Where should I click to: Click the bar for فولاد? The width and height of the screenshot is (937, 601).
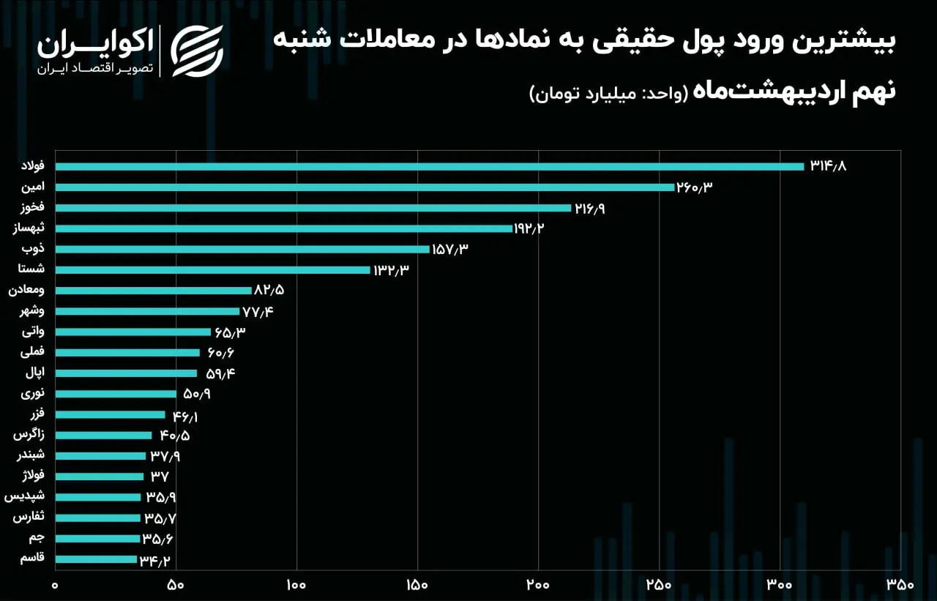pyautogui.click(x=430, y=166)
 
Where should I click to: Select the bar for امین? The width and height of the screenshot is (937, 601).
pyautogui.click(x=365, y=187)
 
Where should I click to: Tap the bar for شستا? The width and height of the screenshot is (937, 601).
pyautogui.click(x=212, y=270)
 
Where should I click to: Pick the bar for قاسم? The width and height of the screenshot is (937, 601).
pyautogui.click(x=96, y=559)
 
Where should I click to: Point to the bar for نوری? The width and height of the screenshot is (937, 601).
pyautogui.click(x=116, y=394)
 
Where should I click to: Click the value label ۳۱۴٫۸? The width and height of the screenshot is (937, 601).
pyautogui.click(x=828, y=166)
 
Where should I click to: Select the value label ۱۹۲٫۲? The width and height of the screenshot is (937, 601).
pyautogui.click(x=529, y=228)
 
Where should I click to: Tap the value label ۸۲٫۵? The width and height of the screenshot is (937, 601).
pyautogui.click(x=269, y=290)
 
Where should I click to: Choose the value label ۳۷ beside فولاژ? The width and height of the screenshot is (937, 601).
pyautogui.click(x=160, y=477)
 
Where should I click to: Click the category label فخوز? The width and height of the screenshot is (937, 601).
pyautogui.click(x=33, y=206)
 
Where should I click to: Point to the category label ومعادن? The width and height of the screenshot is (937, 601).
pyautogui.click(x=26, y=290)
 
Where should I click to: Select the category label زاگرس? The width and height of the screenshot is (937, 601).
pyautogui.click(x=29, y=435)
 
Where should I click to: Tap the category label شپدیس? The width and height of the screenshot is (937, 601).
pyautogui.click(x=24, y=496)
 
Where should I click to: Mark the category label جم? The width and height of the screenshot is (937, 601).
pyautogui.click(x=37, y=538)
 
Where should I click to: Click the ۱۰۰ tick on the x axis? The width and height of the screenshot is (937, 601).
pyautogui.click(x=296, y=585)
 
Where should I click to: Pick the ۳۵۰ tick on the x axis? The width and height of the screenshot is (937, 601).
pyautogui.click(x=900, y=585)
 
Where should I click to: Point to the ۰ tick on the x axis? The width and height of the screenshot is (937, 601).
pyautogui.click(x=55, y=585)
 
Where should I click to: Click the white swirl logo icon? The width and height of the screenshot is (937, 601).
pyautogui.click(x=197, y=51)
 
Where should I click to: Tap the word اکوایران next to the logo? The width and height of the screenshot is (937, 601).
pyautogui.click(x=95, y=42)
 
